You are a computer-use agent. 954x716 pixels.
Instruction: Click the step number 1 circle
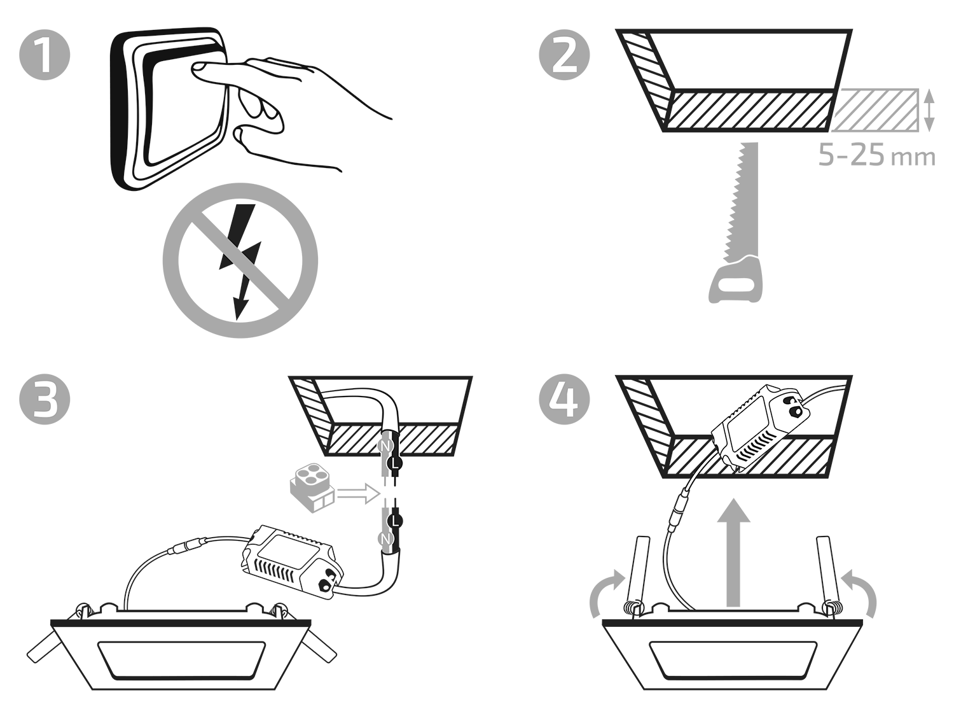tap(45, 55)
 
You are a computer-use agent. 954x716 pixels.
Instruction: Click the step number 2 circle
tap(564, 55)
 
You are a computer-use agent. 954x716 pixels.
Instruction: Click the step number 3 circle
tap(45, 399)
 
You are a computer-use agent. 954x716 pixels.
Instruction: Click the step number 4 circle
tap(564, 399)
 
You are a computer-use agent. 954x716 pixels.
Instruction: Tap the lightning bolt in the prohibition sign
tap(240, 261)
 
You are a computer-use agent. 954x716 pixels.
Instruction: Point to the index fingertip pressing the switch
tap(198, 68)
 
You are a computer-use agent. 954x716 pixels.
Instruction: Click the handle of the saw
tap(735, 280)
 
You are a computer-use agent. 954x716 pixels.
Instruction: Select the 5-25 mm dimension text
tap(876, 156)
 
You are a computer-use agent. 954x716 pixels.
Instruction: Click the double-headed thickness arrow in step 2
tap(929, 110)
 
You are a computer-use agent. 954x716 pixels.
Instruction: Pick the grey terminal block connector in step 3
tap(312, 487)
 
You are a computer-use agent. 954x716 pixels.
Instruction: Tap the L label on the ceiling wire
tap(395, 463)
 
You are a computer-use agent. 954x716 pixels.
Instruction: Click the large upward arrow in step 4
tap(734, 552)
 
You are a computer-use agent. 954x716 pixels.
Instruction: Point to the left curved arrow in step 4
tap(606, 593)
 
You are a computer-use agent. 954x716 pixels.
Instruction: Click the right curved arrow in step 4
tap(859, 593)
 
